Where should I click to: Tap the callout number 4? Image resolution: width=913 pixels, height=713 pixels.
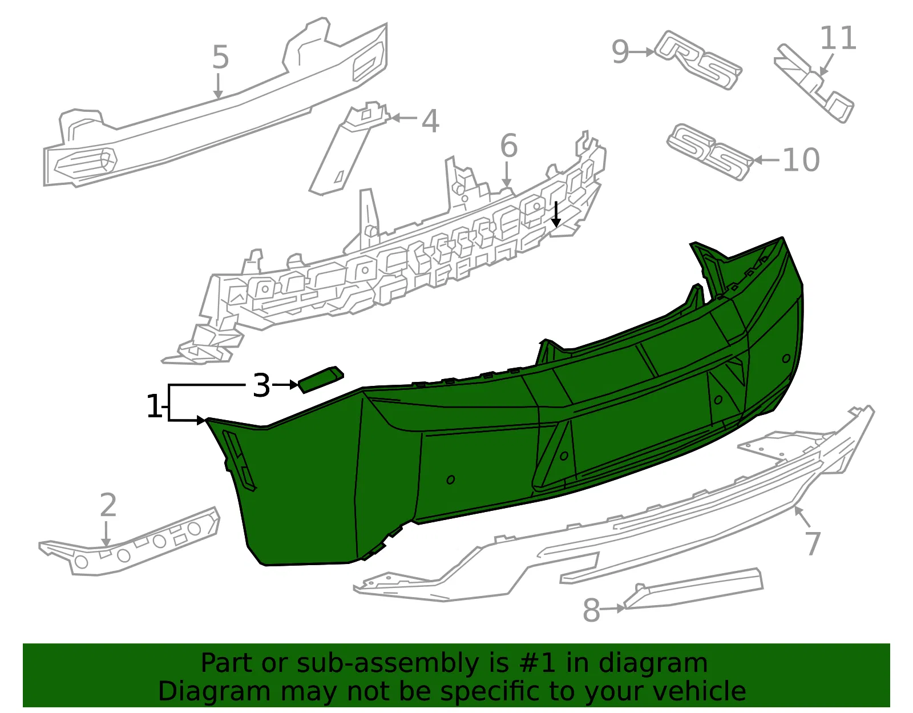click(x=430, y=121)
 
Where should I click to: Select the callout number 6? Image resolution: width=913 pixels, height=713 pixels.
click(x=509, y=146)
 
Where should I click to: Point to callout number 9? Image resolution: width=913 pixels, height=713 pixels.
click(x=620, y=52)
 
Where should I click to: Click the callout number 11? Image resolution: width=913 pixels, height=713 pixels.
click(x=838, y=38)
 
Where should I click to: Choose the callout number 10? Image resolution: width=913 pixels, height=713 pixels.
click(x=801, y=160)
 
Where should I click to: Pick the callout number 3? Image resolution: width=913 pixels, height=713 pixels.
click(x=261, y=385)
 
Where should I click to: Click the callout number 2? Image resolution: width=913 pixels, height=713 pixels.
click(x=108, y=505)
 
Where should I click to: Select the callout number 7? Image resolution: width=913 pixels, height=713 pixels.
click(x=813, y=543)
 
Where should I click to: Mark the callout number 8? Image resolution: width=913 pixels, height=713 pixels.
click(x=591, y=610)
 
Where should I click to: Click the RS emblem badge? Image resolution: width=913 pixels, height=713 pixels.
click(x=698, y=60)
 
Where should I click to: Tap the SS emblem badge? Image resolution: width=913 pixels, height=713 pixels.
click(x=710, y=152)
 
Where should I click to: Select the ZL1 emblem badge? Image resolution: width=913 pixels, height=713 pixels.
click(x=813, y=83)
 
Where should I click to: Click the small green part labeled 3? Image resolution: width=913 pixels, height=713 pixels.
click(x=321, y=380)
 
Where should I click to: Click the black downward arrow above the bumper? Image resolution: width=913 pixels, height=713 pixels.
click(x=556, y=214)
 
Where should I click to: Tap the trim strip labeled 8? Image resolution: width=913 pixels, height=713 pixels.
click(x=693, y=588)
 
